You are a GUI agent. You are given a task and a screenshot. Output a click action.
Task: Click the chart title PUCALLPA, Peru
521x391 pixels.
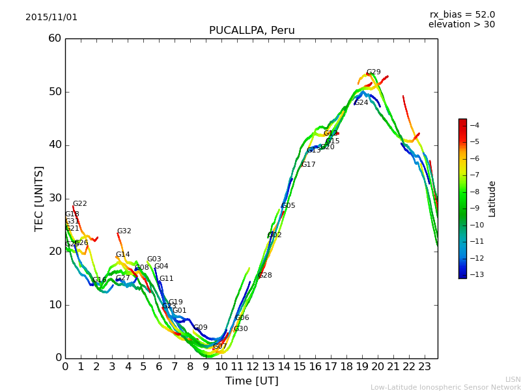[x=251, y=31]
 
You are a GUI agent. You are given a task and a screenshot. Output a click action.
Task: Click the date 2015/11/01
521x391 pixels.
[x=51, y=18]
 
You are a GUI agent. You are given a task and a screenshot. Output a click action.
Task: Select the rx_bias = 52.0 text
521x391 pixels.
[x=462, y=15]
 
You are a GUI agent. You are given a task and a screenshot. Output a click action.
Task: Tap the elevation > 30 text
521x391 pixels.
[x=461, y=25]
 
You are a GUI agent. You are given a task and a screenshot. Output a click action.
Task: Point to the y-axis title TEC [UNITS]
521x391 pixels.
[x=39, y=198]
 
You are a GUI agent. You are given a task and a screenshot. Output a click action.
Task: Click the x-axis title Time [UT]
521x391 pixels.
[x=251, y=381]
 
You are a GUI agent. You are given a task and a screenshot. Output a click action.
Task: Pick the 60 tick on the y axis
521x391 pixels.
[x=55, y=38]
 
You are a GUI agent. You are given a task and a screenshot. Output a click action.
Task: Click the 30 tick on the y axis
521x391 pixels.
[x=55, y=198]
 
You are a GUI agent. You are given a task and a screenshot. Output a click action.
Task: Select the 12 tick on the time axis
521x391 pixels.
[x=253, y=366]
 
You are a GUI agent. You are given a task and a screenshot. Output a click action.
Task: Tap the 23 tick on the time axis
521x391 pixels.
[x=425, y=366]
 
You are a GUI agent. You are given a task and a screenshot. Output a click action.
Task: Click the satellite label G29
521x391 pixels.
[x=373, y=72]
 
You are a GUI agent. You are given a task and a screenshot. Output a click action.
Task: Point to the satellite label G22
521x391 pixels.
[x=79, y=204]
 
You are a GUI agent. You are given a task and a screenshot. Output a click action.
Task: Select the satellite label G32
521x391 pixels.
[x=124, y=231]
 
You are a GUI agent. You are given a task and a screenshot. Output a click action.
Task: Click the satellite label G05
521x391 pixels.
[x=289, y=206]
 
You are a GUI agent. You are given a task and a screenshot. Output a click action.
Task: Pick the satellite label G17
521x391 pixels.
[x=308, y=165]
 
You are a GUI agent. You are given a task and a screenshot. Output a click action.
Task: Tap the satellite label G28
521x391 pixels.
[x=265, y=276]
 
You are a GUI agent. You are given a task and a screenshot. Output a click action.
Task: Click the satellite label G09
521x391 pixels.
[x=201, y=328]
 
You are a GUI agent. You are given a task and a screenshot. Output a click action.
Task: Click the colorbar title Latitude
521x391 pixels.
[x=492, y=198]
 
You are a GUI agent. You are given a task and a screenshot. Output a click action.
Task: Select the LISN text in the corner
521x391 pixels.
[x=513, y=379]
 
